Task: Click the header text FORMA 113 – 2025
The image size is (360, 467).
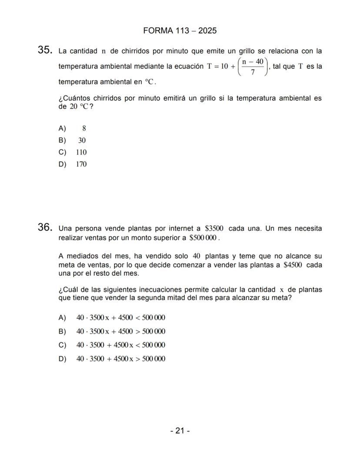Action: click(180, 31)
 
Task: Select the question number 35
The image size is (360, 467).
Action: click(45, 50)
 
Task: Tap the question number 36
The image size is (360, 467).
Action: click(45, 227)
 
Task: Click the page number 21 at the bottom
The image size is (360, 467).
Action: click(180, 430)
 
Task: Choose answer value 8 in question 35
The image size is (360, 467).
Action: click(84, 128)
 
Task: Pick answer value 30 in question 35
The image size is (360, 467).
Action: click(82, 140)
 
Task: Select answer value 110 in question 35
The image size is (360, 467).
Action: click(81, 152)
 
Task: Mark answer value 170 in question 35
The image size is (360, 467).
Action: click(81, 164)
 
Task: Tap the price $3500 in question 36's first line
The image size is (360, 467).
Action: click(214, 229)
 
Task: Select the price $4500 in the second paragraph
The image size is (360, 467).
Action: click(293, 265)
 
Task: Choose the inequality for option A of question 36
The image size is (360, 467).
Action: click(120, 317)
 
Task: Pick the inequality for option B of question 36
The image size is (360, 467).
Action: click(120, 331)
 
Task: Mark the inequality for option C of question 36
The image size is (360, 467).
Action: click(120, 345)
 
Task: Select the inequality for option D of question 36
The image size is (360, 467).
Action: click(120, 359)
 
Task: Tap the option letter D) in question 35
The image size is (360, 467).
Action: click(62, 164)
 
